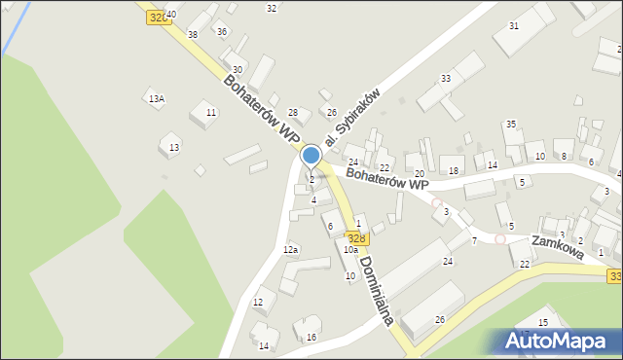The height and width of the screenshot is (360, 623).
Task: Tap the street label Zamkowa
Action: (557, 246)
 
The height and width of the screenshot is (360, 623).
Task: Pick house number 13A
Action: (156, 98)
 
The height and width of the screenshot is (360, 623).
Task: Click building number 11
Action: (210, 113)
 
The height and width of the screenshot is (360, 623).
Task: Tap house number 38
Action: (193, 34)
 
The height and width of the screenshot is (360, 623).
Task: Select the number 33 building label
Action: (446, 78)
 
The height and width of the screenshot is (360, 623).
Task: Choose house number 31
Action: (514, 25)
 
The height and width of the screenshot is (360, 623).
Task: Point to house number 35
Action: (510, 125)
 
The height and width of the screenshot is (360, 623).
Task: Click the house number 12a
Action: (290, 250)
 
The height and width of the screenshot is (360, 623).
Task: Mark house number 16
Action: (311, 338)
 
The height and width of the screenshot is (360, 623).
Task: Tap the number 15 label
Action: (543, 322)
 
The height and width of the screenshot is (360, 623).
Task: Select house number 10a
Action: (349, 250)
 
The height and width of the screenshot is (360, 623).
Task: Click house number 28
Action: (292, 114)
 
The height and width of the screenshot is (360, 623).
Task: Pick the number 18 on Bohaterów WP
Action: (454, 171)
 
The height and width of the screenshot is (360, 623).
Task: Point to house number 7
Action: (474, 240)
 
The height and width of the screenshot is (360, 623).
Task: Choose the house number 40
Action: (171, 15)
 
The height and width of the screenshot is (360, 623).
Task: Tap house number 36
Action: (222, 31)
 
